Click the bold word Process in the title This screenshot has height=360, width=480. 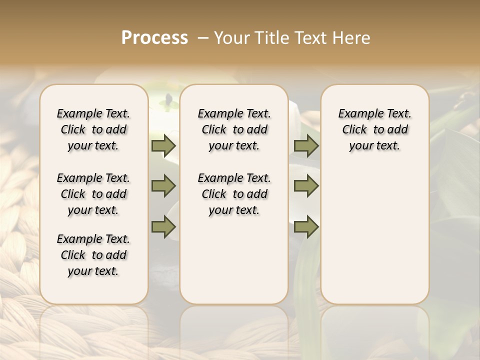point(154,38)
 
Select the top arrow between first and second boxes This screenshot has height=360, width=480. point(163,145)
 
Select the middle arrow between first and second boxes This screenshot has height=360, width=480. point(163,186)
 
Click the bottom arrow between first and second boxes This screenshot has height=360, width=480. point(163,227)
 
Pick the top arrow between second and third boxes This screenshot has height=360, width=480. point(306,145)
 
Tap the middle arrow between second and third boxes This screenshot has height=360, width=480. point(306,186)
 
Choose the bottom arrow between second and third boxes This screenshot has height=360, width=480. point(306,227)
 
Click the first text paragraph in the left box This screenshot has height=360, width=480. point(93,129)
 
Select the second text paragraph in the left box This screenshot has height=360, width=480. point(93,194)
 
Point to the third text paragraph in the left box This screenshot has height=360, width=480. point(93,255)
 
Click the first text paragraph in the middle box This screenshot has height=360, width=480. point(234,129)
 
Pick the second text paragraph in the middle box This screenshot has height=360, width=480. point(234,194)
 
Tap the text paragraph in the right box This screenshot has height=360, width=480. point(375,129)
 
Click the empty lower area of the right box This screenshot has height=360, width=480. point(375,240)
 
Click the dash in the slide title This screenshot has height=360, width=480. point(203,38)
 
